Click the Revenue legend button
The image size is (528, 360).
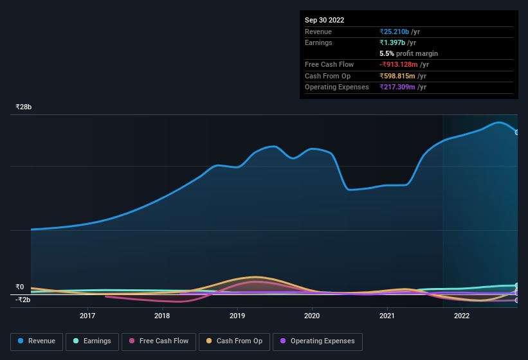37,341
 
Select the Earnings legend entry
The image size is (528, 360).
92,341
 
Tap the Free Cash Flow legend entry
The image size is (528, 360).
159,341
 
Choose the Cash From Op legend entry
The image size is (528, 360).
233,341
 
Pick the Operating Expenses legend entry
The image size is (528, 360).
317,341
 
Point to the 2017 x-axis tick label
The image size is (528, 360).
87,316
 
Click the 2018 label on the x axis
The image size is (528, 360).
162,316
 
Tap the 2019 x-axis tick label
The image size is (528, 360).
237,316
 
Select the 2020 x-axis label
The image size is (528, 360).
312,316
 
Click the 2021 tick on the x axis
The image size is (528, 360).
387,316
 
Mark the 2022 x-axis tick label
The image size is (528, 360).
461,316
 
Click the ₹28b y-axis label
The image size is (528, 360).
24,107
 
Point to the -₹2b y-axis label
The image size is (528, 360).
23,300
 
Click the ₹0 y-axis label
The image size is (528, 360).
20,287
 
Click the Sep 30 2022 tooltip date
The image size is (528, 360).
324,20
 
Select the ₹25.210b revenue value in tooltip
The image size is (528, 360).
399,32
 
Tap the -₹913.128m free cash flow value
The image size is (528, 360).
403,64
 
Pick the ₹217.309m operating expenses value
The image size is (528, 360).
403,87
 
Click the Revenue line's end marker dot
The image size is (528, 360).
517,132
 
